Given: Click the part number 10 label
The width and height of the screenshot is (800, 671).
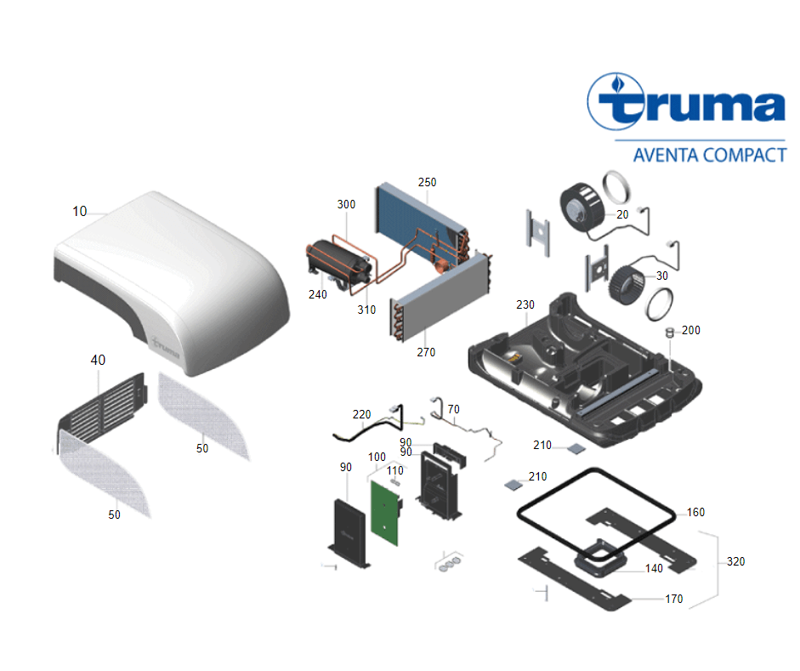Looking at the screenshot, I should pyautogui.click(x=79, y=211).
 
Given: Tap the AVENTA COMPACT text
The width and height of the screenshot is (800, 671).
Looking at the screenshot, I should pyautogui.click(x=710, y=155).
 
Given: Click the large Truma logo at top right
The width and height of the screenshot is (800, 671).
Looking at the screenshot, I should pyautogui.click(x=687, y=104).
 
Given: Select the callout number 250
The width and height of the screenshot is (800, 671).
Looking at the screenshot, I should pyautogui.click(x=426, y=183).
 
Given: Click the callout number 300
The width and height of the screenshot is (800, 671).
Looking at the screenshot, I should pyautogui.click(x=346, y=205).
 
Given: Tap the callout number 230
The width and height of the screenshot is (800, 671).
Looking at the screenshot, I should pyautogui.click(x=525, y=304).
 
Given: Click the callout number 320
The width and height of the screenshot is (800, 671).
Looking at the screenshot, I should pyautogui.click(x=735, y=562).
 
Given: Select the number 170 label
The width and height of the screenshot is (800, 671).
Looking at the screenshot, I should pyautogui.click(x=673, y=600).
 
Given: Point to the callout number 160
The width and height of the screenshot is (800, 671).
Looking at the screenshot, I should pyautogui.click(x=695, y=513).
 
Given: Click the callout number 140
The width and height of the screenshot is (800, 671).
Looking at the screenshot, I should pyautogui.click(x=653, y=569).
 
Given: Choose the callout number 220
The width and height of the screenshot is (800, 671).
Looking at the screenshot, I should pyautogui.click(x=362, y=415).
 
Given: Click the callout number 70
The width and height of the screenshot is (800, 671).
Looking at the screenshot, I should pyautogui.click(x=453, y=409).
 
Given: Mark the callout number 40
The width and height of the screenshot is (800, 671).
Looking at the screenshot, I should pyautogui.click(x=98, y=361).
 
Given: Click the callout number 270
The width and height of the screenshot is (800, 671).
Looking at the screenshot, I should pyautogui.click(x=426, y=352).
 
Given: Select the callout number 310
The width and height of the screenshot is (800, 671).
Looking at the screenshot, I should pyautogui.click(x=366, y=310).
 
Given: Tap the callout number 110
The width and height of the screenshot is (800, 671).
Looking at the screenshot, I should pyautogui.click(x=394, y=470).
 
